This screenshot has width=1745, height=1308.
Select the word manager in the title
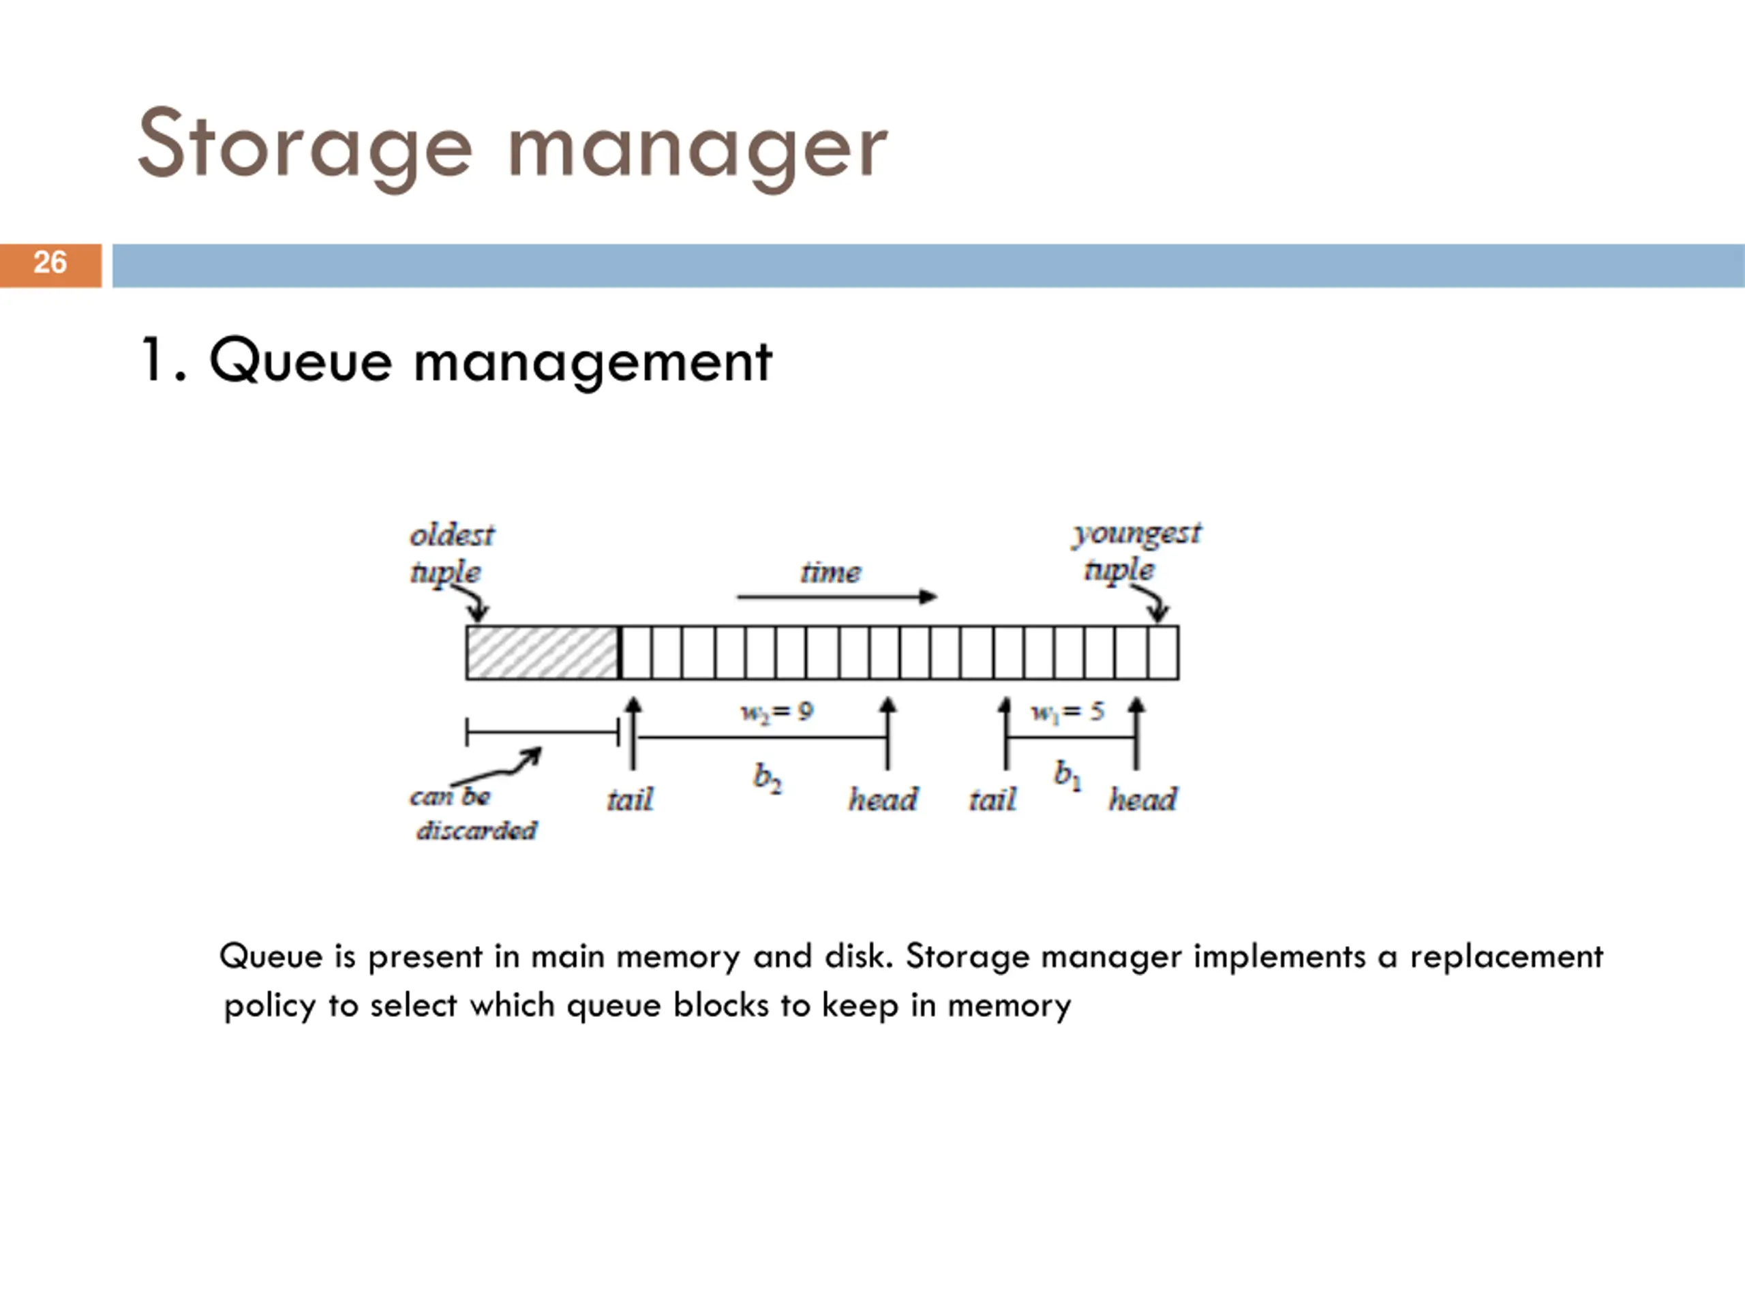pyautogui.click(x=697, y=150)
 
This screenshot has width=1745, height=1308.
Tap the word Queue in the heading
pyautogui.click(x=300, y=362)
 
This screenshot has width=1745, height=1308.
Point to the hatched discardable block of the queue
pyautogui.click(x=542, y=652)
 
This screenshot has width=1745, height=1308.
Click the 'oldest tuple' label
pyautogui.click(x=451, y=553)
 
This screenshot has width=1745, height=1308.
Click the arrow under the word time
pyautogui.click(x=836, y=597)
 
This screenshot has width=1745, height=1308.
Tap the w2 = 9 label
pyautogui.click(x=776, y=712)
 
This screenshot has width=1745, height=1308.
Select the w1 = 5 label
pyautogui.click(x=1067, y=712)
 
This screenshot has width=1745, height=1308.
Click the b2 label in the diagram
pyautogui.click(x=767, y=778)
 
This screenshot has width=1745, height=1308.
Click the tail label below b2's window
pyautogui.click(x=630, y=800)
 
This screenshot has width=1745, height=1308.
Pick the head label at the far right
pyautogui.click(x=1142, y=800)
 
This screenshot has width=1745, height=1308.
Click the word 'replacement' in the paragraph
pyautogui.click(x=1506, y=957)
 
